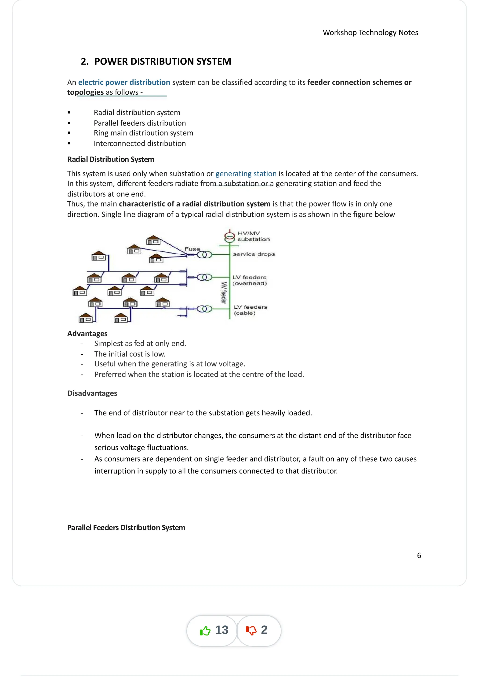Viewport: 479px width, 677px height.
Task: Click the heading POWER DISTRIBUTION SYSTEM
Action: click(162, 61)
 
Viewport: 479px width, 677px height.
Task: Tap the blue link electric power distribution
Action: click(124, 82)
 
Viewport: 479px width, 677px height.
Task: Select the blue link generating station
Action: click(246, 174)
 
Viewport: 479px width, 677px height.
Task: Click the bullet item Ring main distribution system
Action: click(143, 133)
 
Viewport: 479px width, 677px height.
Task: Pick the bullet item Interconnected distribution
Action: click(140, 144)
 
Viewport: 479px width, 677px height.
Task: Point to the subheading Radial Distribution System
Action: click(111, 159)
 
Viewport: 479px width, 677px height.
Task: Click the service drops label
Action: click(254, 254)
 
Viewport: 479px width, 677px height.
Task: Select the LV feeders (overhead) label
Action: click(249, 280)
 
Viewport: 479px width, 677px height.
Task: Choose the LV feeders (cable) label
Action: click(250, 310)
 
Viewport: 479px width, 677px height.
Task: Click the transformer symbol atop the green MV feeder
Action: click(230, 237)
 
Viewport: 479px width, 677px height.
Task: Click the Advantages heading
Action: click(87, 334)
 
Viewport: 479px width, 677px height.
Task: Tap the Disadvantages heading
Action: click(92, 393)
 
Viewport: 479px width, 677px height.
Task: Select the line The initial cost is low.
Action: click(130, 354)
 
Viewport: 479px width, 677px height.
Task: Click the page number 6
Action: click(419, 556)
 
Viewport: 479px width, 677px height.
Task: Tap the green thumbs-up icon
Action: click(205, 631)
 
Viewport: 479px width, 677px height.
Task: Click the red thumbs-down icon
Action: click(251, 631)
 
